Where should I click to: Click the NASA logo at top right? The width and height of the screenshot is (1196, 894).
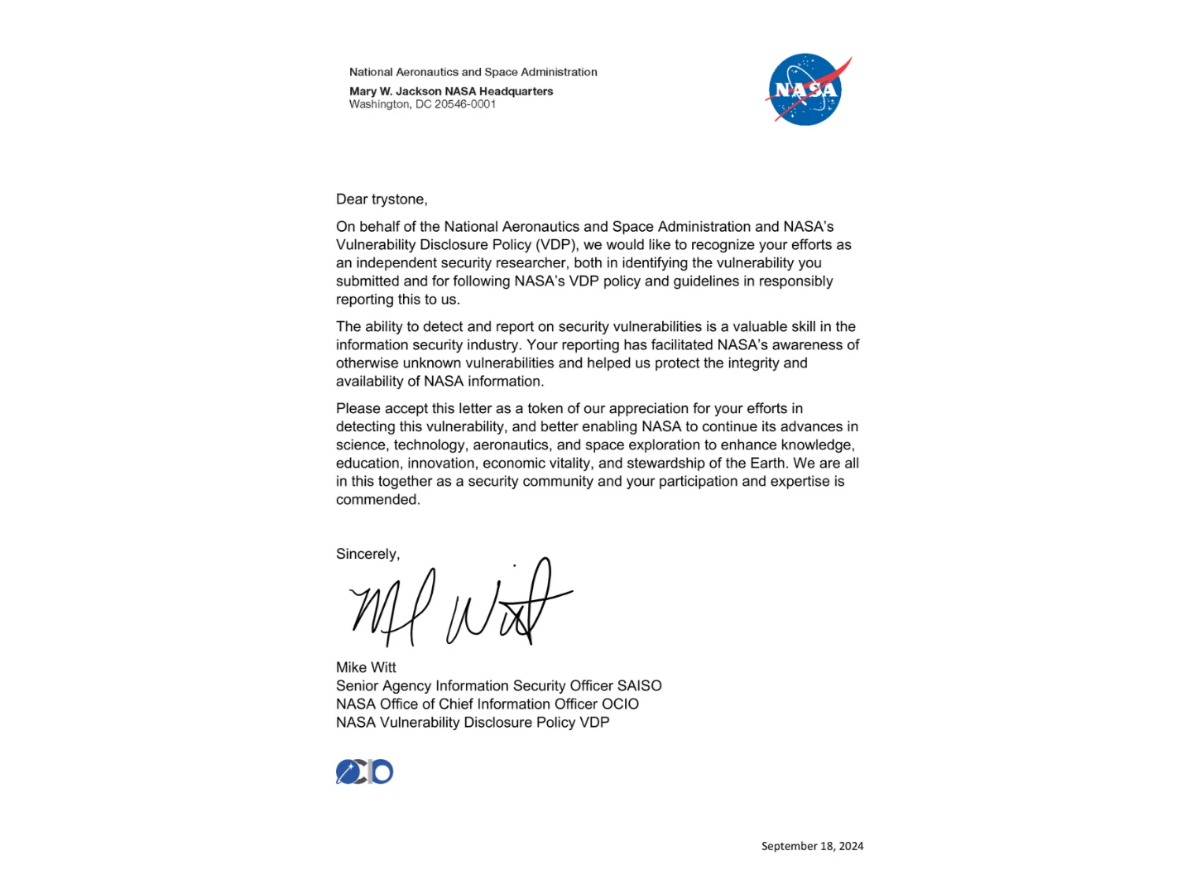[806, 90]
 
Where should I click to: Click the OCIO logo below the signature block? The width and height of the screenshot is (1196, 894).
[364, 771]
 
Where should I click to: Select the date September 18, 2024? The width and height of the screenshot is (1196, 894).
[812, 846]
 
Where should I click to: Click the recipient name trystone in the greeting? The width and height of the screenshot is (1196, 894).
[397, 199]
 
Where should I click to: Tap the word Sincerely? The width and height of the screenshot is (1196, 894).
[367, 554]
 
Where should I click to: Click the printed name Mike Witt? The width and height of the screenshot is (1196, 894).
[366, 667]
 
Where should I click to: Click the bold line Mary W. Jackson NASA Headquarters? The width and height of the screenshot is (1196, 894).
[451, 91]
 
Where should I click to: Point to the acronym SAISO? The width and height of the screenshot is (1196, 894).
[639, 685]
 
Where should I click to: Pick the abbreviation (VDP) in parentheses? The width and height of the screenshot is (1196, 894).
[553, 245]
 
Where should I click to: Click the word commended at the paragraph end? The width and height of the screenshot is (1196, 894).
[377, 500]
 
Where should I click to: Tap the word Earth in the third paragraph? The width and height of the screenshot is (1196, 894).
[768, 464]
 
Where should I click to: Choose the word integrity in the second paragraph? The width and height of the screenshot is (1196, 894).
[750, 363]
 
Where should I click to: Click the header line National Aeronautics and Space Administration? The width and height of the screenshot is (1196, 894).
[473, 72]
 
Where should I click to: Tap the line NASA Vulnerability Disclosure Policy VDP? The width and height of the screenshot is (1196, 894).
[473, 723]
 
